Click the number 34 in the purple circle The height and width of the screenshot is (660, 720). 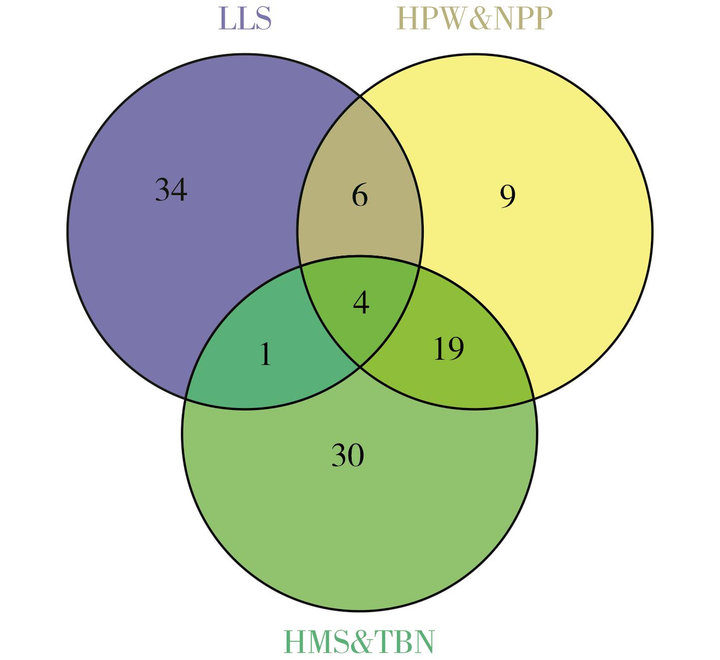171,190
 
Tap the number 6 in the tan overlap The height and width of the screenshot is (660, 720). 360,195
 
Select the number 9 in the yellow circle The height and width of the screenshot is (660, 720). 508,196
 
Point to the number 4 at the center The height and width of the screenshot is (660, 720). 361,302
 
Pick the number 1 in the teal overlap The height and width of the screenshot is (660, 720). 266,354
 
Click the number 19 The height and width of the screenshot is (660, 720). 449,349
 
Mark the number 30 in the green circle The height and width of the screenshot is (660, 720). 348,455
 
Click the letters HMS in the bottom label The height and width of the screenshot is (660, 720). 316,641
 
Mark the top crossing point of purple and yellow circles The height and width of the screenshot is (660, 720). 360,96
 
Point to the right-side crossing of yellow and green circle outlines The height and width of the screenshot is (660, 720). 535,398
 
